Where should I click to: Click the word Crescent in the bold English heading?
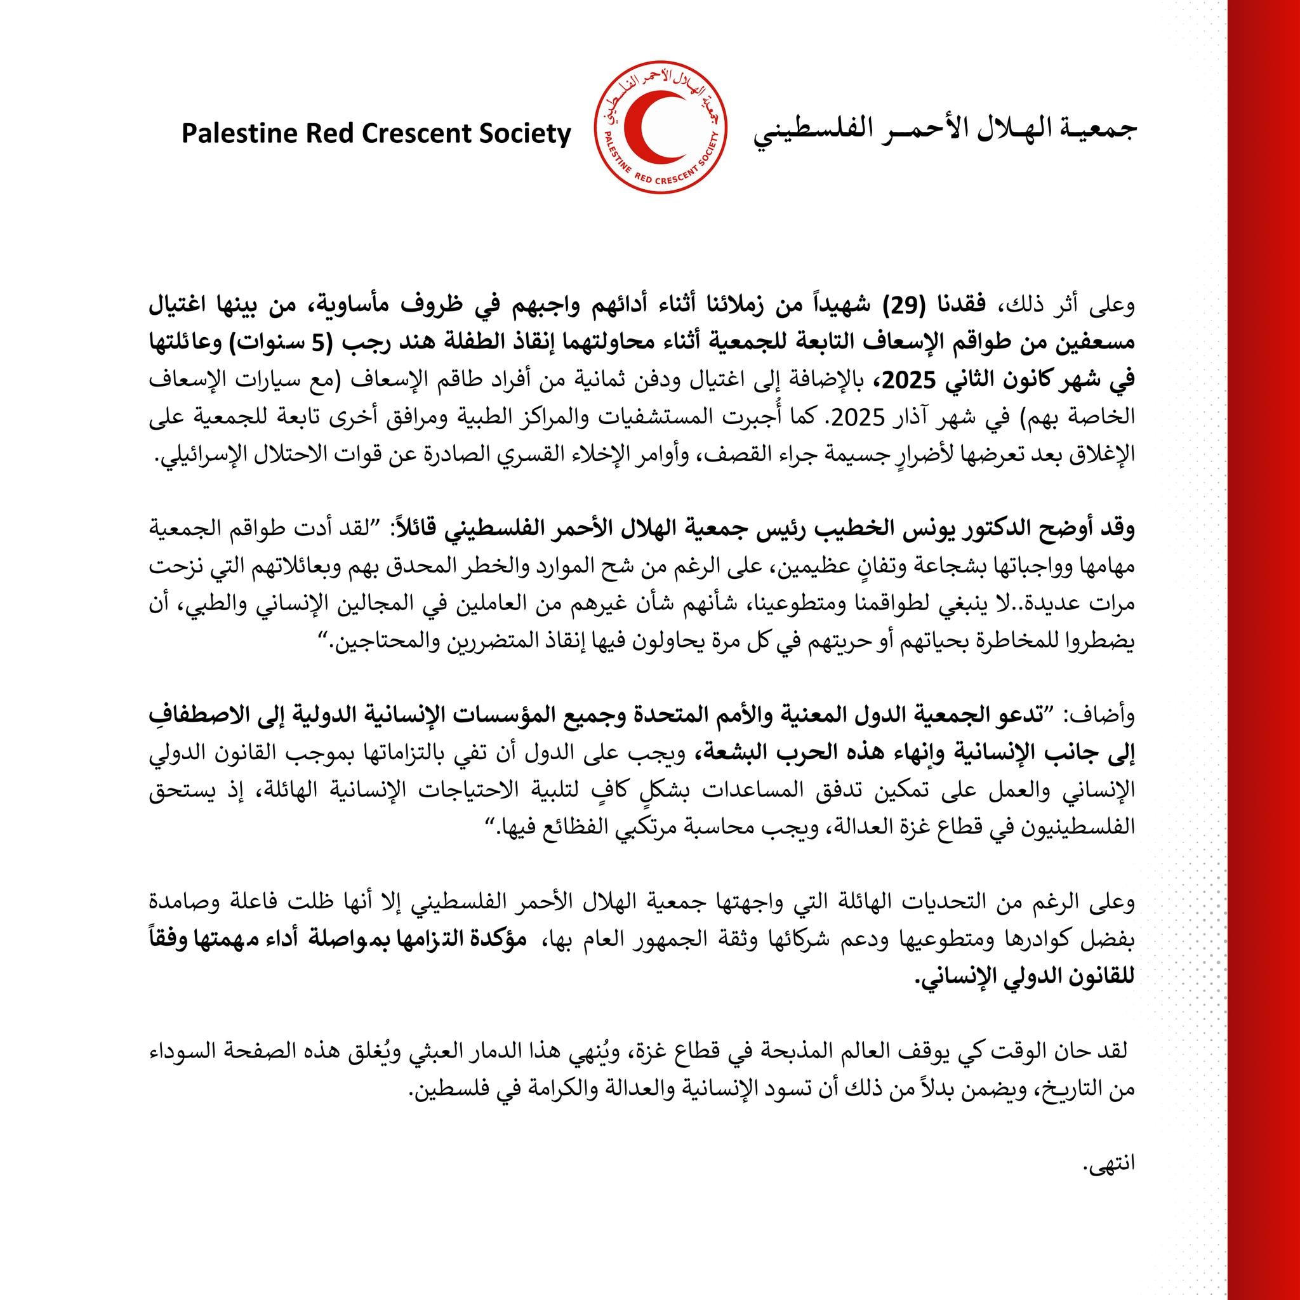(425, 134)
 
